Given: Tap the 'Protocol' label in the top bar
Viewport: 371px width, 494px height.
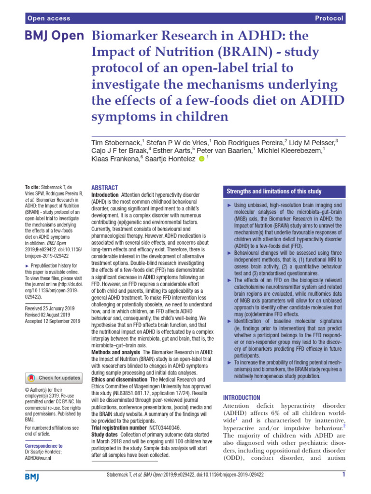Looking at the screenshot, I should (x=329, y=18).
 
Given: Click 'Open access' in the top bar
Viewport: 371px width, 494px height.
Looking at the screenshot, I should (x=49, y=18).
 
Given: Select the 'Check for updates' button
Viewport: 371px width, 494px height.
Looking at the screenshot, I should (x=54, y=377).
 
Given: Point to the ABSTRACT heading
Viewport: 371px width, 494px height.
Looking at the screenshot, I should (x=104, y=188).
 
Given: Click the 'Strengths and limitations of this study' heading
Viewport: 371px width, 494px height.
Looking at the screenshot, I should (x=274, y=192).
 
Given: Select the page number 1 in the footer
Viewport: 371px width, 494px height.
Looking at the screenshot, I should (x=343, y=475).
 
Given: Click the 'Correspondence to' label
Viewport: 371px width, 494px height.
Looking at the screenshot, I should (x=43, y=446).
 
